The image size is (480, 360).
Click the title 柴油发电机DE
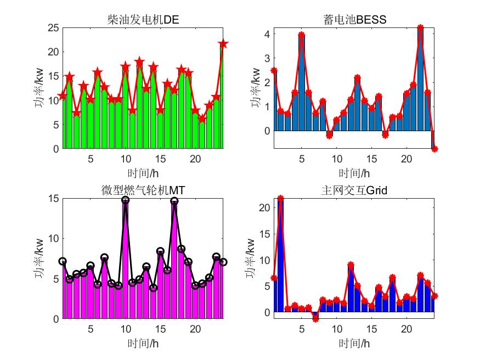pos(143,21)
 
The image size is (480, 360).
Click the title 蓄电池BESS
pos(354,21)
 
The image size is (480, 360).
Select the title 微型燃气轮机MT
pos(143,190)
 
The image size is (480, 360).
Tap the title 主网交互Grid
pos(354,190)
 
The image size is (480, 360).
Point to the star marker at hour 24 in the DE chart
pos(223,44)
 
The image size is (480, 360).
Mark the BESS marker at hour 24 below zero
pos(434,149)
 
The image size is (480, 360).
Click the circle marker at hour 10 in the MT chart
pos(126,200)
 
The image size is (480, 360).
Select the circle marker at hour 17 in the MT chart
pos(174,201)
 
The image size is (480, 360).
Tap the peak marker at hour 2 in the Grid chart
pos(281,199)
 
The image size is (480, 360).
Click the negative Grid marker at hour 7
pos(315,319)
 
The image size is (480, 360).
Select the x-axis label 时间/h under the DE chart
pos(143,173)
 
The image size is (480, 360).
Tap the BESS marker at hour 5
pos(301,35)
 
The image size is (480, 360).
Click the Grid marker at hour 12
pos(351,265)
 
